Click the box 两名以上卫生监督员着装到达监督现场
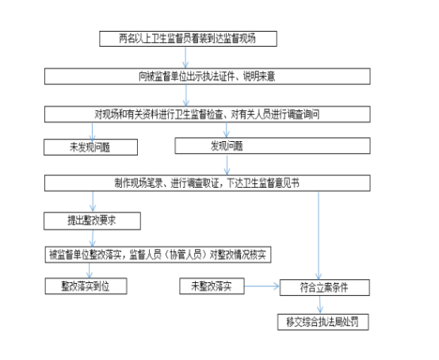pos(188,39)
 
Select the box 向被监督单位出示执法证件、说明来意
pos(208,76)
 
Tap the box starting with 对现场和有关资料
pos(208,114)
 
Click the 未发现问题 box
pos(90,147)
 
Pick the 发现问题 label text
pos(227,146)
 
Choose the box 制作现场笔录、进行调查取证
pos(208,183)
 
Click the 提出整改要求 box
pos(92,221)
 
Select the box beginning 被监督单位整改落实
pos(158,255)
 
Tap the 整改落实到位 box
pos(86,286)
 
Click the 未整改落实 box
pos(212,286)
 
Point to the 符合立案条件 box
pos(325,287)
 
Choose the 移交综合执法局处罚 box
pos(323,322)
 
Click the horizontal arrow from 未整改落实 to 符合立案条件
pos(262,286)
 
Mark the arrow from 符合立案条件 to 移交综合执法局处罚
pos(319,304)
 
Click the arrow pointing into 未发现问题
pos(92,131)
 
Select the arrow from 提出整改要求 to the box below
pos(93,239)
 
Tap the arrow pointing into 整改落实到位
pos(90,270)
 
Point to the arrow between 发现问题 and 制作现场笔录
pos(227,165)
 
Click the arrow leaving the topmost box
pos(185,57)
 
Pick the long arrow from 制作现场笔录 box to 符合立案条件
pos(319,236)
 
